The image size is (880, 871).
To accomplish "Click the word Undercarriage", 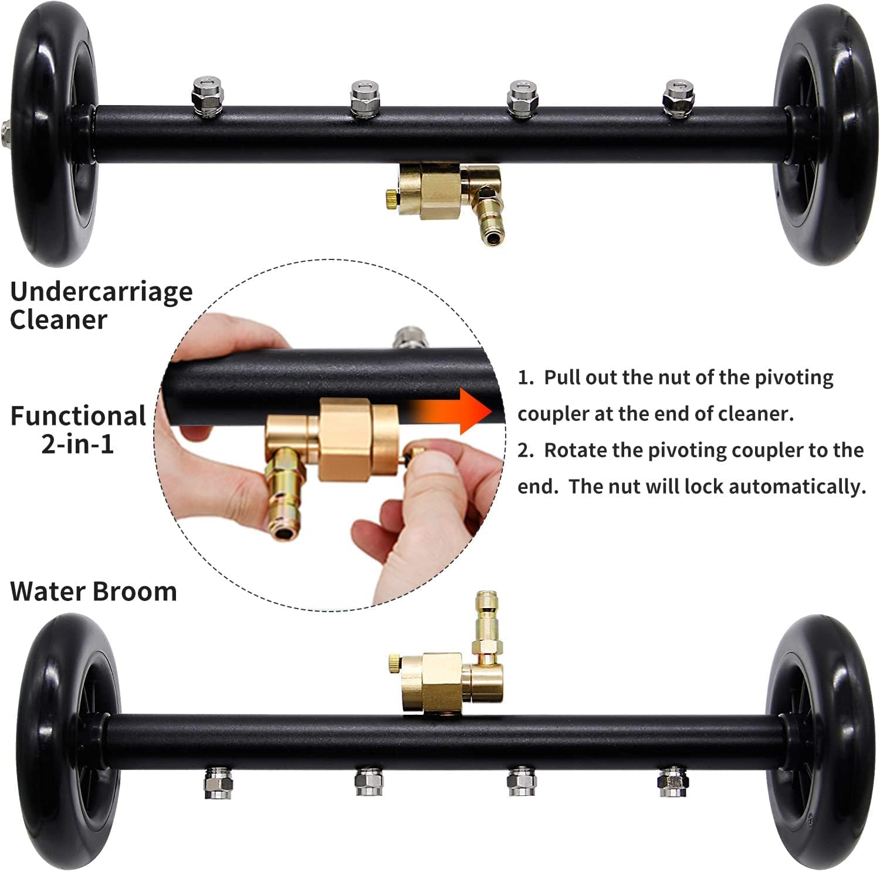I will click(x=101, y=292).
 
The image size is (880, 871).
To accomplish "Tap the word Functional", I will click(x=78, y=416).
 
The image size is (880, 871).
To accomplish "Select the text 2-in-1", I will click(x=77, y=444).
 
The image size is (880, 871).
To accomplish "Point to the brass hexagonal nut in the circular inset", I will click(x=346, y=437).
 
